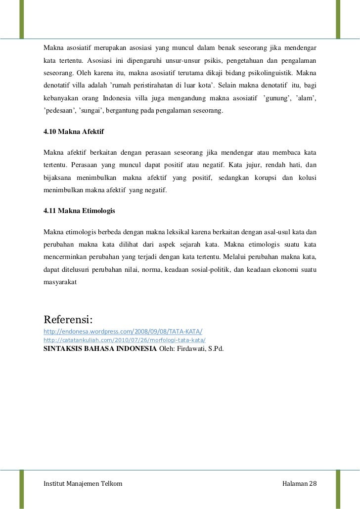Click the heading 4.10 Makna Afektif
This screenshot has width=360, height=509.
tap(73, 132)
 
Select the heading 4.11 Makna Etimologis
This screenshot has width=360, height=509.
tap(79, 211)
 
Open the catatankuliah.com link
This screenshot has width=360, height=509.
tap(124, 340)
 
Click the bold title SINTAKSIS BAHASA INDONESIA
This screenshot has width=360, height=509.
tap(100, 349)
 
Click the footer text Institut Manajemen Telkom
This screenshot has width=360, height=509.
tap(83, 482)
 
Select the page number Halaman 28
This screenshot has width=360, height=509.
tap(298, 482)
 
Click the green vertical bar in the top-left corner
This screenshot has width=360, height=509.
tap(21, 19)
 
